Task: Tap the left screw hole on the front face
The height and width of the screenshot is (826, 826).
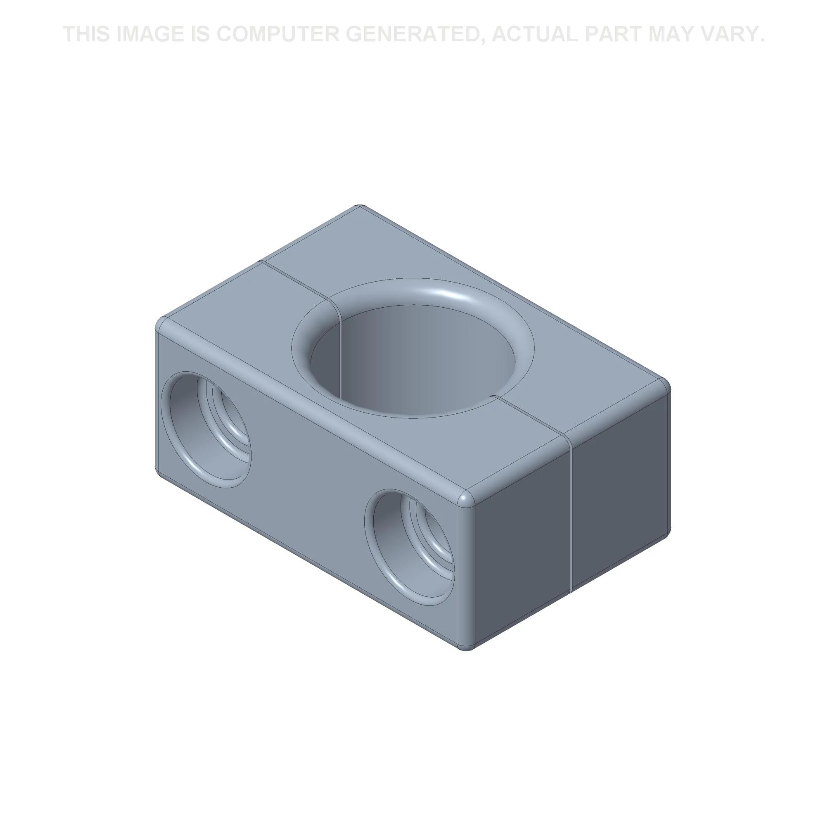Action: (205, 429)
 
